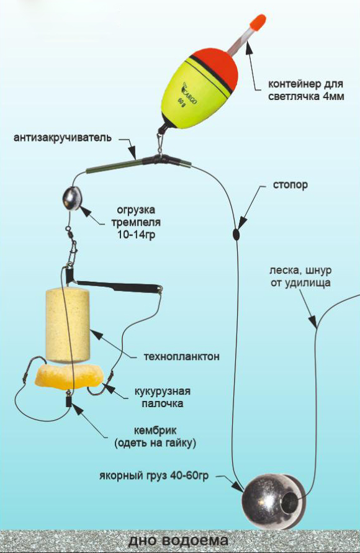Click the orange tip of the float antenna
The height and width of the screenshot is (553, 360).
coord(258,22)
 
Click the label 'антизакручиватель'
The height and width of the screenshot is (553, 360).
coord(63,138)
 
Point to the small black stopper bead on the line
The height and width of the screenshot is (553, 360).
coord(236,233)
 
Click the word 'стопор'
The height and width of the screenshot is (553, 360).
coord(290,185)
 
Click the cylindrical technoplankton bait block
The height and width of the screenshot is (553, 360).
coord(68,326)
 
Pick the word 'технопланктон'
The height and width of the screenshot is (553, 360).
coord(182,356)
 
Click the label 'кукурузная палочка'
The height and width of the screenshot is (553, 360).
coord(162,397)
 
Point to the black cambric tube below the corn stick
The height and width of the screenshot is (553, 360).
coord(68,400)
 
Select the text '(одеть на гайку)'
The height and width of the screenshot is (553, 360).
coord(155,443)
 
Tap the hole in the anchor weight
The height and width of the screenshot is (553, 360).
coord(291,501)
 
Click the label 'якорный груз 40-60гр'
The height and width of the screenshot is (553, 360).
coord(154,476)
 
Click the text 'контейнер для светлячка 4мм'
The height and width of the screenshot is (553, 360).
coord(306,90)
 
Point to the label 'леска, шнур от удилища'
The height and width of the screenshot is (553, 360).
coord(301,277)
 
